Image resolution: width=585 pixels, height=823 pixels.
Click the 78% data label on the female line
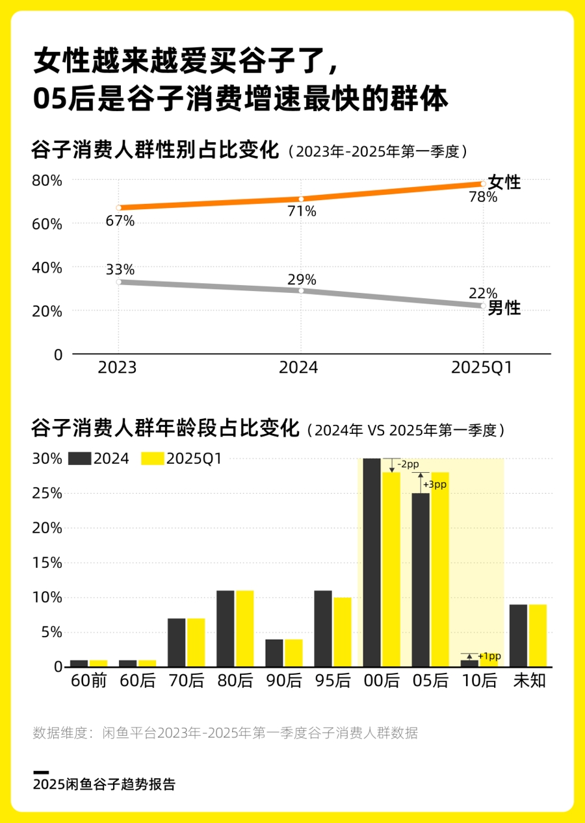pyautogui.click(x=483, y=197)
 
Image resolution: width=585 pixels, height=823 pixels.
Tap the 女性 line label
pyautogui.click(x=504, y=183)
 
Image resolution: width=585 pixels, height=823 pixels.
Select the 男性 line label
pyautogui.click(x=504, y=309)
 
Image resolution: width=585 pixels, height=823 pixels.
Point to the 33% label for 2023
pyautogui.click(x=120, y=270)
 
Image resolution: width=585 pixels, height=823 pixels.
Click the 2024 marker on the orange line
pyautogui.click(x=301, y=199)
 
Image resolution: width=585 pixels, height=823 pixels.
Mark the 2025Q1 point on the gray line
pyautogui.click(x=483, y=305)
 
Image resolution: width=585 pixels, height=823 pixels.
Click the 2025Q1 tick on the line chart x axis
pyautogui.click(x=482, y=368)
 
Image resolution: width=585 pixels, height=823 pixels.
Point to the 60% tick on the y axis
pyautogui.click(x=47, y=224)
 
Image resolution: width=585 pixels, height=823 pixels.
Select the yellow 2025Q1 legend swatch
pyautogui.click(x=152, y=459)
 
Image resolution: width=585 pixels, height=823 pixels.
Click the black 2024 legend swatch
pyautogui.click(x=79, y=459)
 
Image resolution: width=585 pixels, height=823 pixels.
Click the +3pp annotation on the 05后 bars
pyautogui.click(x=435, y=485)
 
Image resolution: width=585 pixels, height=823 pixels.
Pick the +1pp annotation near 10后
pyautogui.click(x=489, y=657)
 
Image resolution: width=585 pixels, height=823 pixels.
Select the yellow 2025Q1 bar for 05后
pyautogui.click(x=440, y=569)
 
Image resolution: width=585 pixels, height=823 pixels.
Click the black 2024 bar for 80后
pyautogui.click(x=226, y=628)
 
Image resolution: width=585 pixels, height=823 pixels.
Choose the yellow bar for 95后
pyautogui.click(x=343, y=632)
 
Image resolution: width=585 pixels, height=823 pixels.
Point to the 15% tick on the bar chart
pyautogui.click(x=47, y=563)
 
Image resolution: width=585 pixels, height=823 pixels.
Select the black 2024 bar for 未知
pyautogui.click(x=518, y=635)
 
